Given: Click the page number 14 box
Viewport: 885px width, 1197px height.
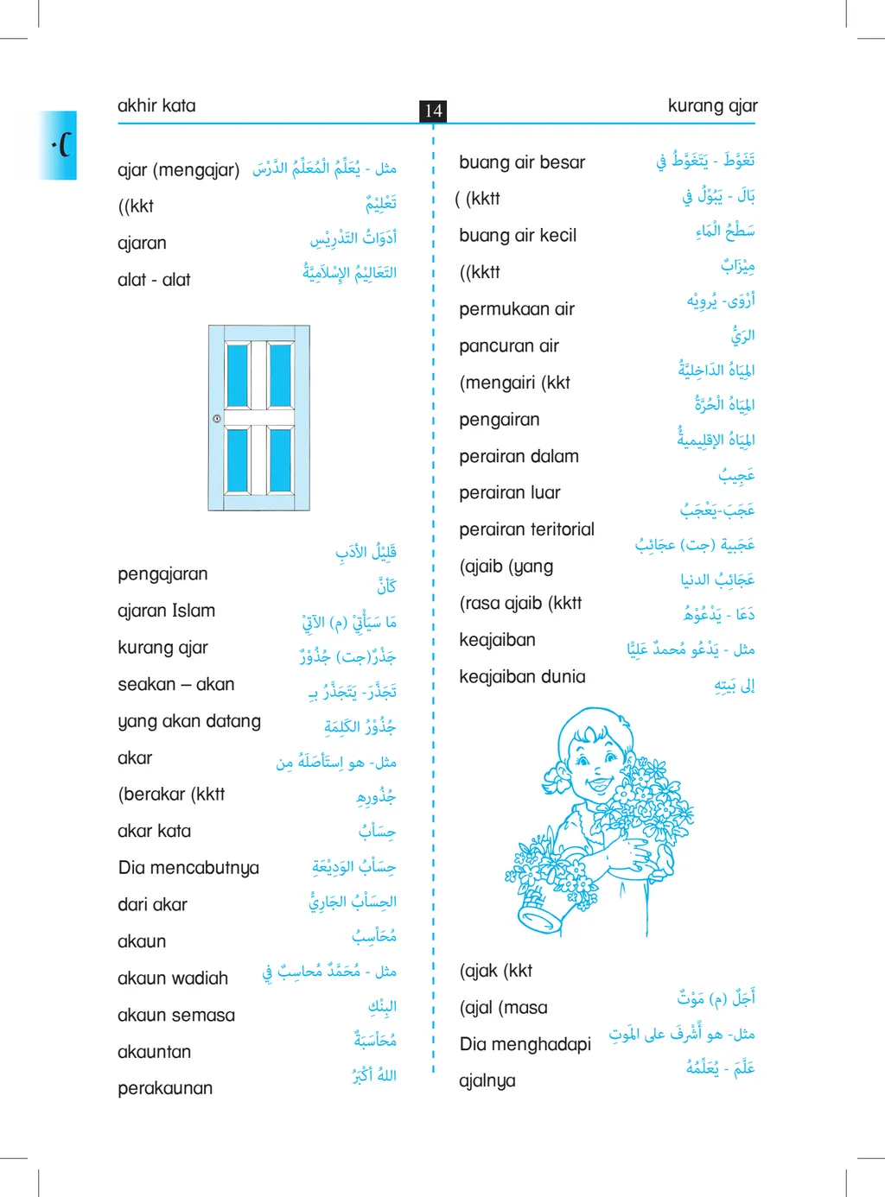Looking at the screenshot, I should (433, 111).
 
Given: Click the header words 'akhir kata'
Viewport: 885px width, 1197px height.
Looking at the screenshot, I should (156, 105).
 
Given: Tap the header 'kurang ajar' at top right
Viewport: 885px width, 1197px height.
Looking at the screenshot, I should (712, 105).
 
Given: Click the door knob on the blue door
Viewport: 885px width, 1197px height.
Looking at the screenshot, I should (217, 419).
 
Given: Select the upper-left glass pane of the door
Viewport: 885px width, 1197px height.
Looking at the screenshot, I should (238, 374).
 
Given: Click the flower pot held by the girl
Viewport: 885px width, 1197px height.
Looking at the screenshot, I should (544, 906).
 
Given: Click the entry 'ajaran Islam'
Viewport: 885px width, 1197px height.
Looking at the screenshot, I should (166, 611).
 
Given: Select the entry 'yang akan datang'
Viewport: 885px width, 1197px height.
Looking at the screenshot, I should (189, 721).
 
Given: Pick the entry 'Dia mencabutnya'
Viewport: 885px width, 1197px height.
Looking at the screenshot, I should (188, 868).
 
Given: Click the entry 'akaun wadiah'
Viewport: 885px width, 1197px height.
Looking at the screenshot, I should (173, 978).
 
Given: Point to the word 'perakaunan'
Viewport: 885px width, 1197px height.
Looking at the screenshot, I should (165, 1088).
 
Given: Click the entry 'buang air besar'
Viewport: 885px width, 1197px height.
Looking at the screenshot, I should (522, 162).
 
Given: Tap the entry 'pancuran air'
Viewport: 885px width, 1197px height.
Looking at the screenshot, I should (509, 346).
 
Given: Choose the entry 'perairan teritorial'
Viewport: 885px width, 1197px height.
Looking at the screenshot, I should (526, 529).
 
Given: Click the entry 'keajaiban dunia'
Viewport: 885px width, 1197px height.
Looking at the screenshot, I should (522, 677).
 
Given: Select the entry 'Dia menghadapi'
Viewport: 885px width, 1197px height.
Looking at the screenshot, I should (525, 1044).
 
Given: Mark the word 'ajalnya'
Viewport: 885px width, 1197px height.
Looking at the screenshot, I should (487, 1081).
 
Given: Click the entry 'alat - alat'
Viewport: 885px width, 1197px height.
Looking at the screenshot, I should (154, 280).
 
